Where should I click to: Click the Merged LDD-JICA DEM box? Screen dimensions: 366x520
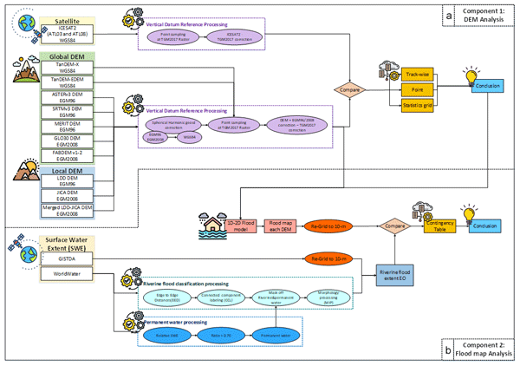click(71, 211)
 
